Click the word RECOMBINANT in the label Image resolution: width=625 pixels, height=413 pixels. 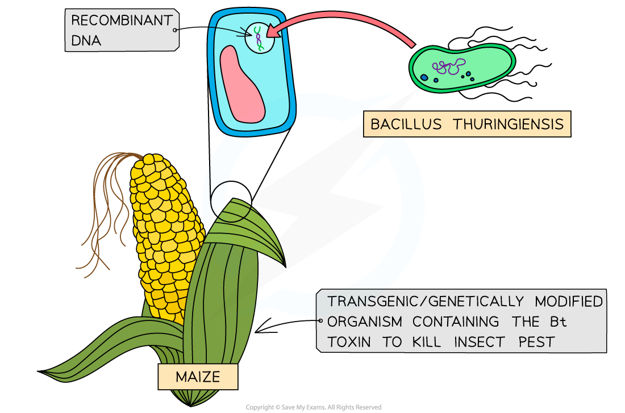(x=121, y=21)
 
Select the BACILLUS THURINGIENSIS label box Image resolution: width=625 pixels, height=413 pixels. (x=466, y=124)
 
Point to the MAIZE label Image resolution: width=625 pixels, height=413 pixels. (x=197, y=377)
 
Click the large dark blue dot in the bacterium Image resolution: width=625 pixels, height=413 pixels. (x=423, y=77)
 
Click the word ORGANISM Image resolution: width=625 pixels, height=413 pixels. (x=364, y=322)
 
